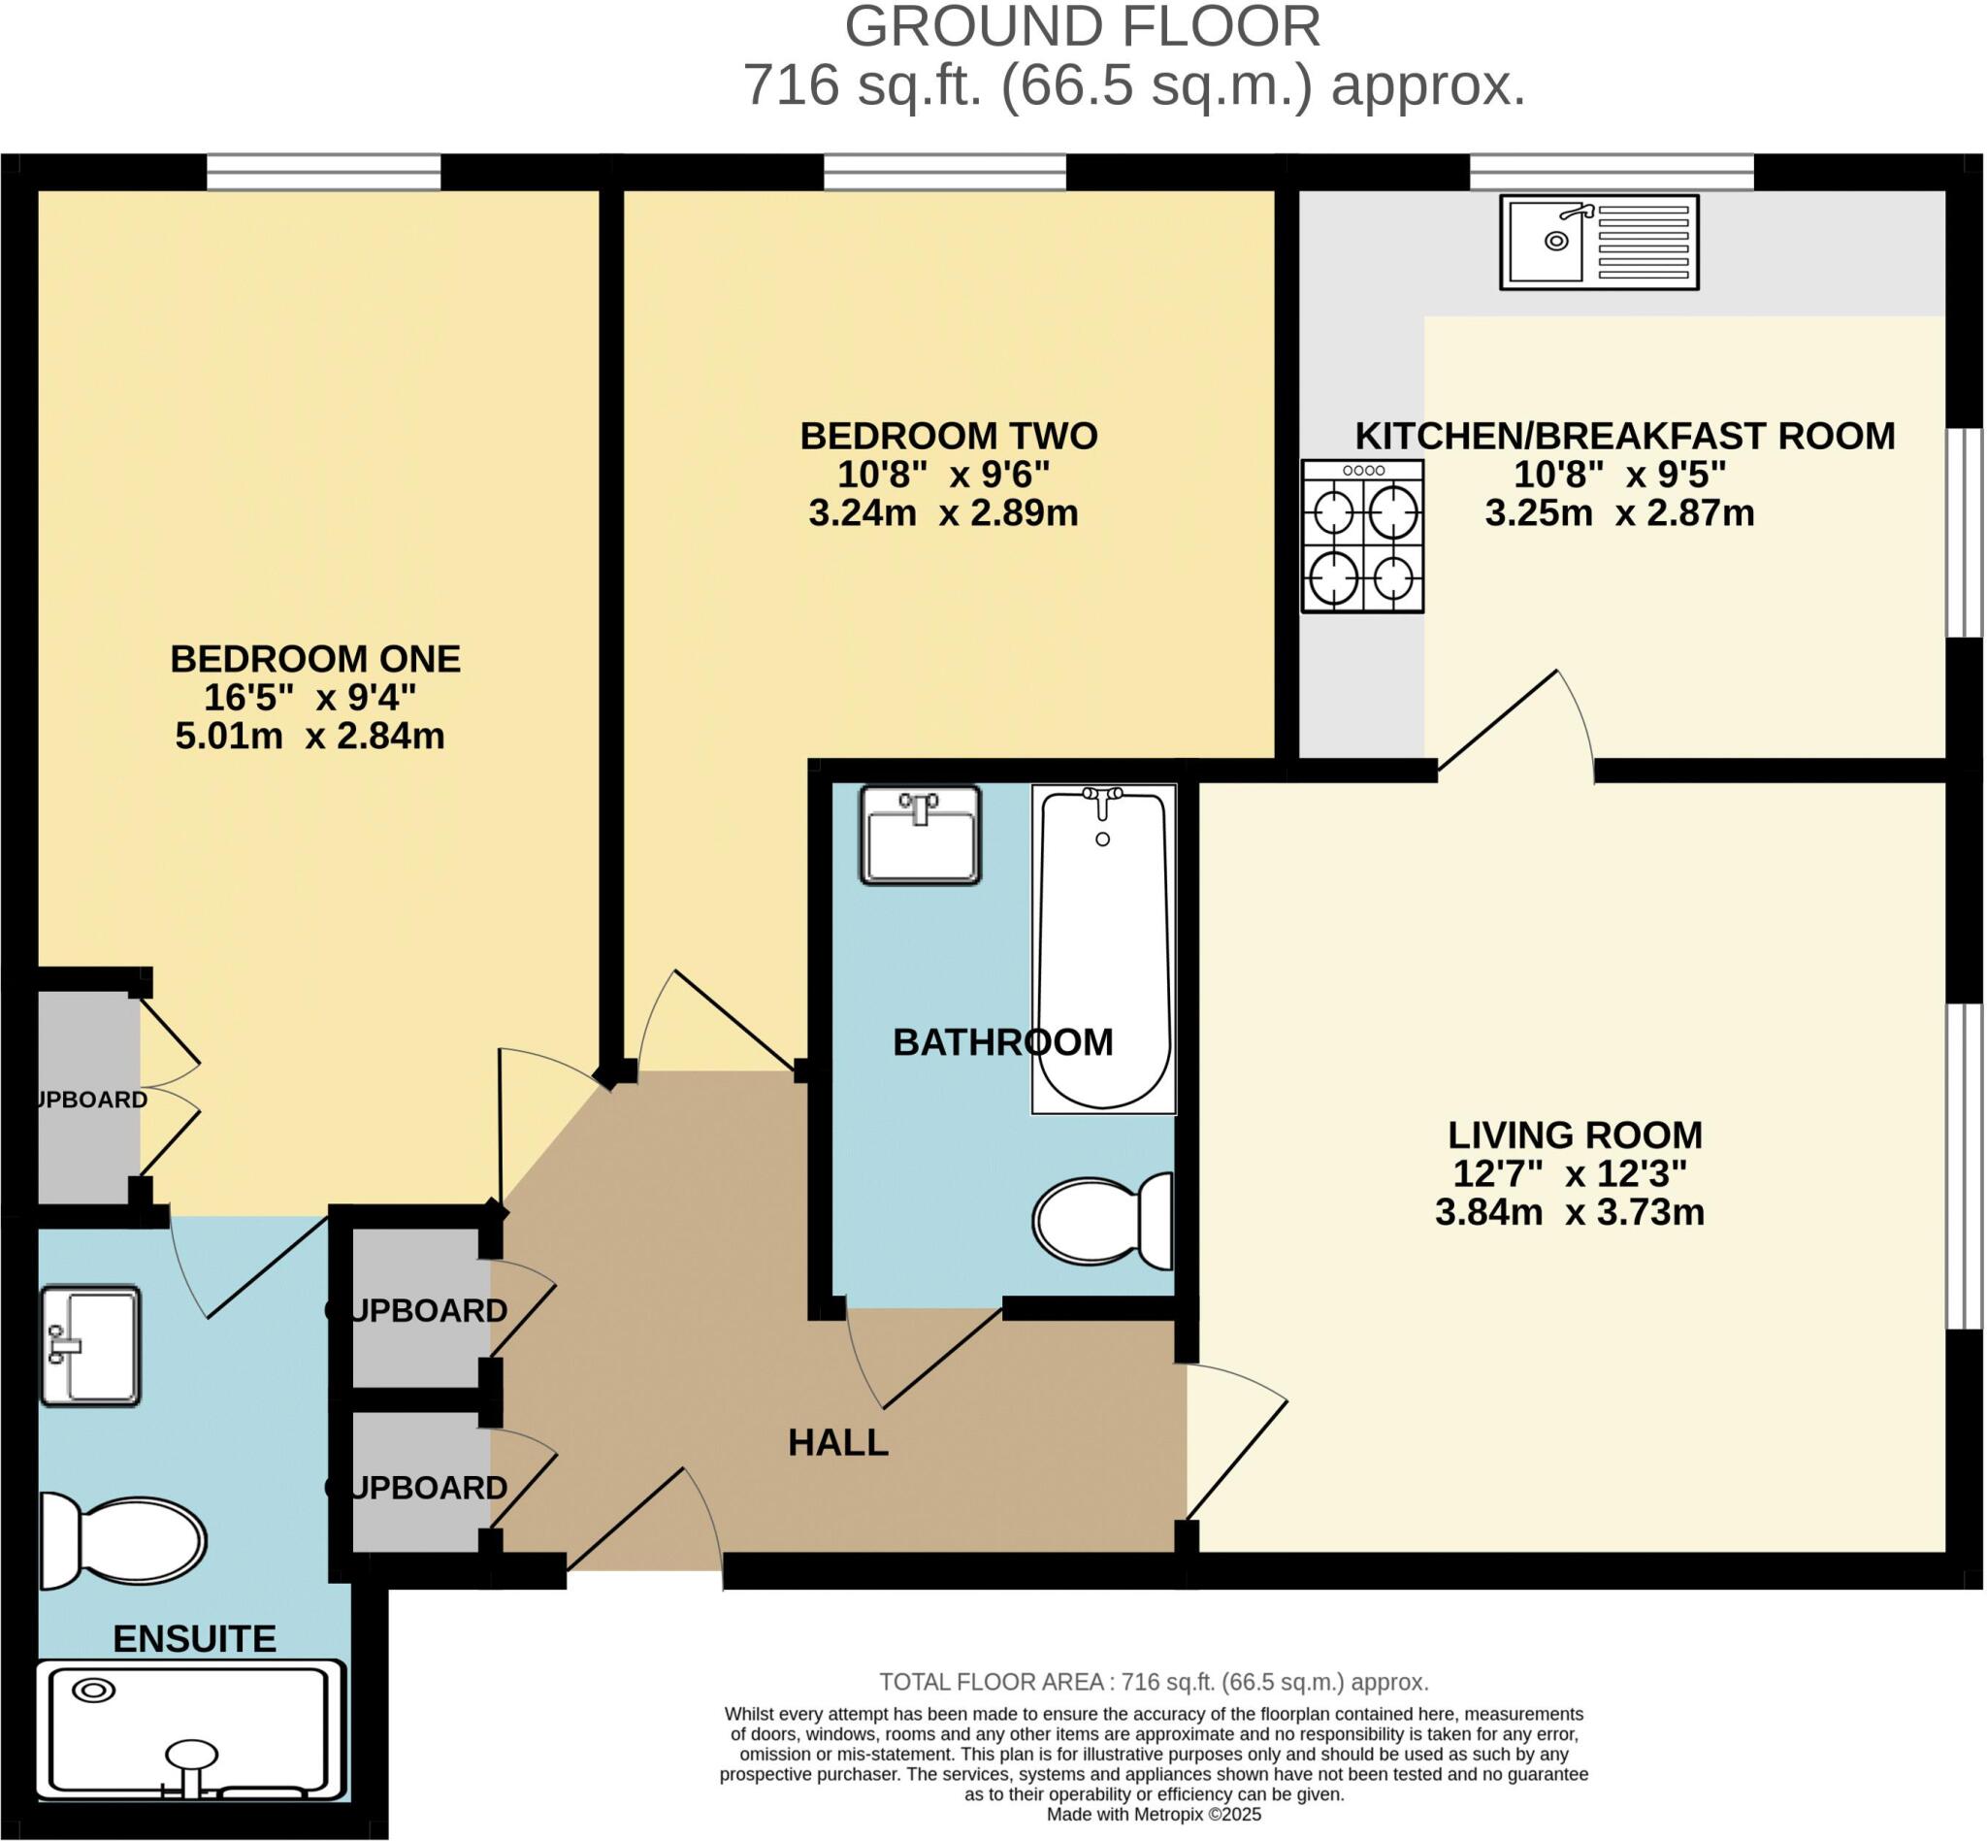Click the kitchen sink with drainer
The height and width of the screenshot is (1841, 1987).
pyautogui.click(x=1598, y=242)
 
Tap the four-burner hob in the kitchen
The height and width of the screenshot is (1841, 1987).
pyautogui.click(x=1361, y=536)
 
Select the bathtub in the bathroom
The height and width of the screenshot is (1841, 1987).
pyautogui.click(x=1103, y=948)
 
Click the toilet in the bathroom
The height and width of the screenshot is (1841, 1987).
pyautogui.click(x=1103, y=1220)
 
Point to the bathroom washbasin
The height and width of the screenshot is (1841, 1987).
pyautogui.click(x=921, y=835)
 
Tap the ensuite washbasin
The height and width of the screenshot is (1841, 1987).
pyautogui.click(x=90, y=1346)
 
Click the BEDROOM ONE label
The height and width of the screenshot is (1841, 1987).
pyautogui.click(x=314, y=659)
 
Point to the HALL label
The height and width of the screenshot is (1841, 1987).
pyautogui.click(x=837, y=1442)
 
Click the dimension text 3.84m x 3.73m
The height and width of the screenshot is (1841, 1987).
pyautogui.click(x=1570, y=1212)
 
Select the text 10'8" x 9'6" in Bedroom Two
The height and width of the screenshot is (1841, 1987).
pyautogui.click(x=943, y=475)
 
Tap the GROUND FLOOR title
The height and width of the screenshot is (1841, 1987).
pyautogui.click(x=1082, y=27)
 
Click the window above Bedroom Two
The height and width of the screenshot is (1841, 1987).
pyautogui.click(x=944, y=173)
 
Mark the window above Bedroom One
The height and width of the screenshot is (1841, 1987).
pyautogui.click(x=323, y=173)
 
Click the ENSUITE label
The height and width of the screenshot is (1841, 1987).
pyautogui.click(x=194, y=1639)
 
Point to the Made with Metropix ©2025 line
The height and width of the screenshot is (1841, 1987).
pyautogui.click(x=1154, y=1814)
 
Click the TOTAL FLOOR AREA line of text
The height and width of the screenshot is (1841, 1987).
pyautogui.click(x=1154, y=1682)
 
